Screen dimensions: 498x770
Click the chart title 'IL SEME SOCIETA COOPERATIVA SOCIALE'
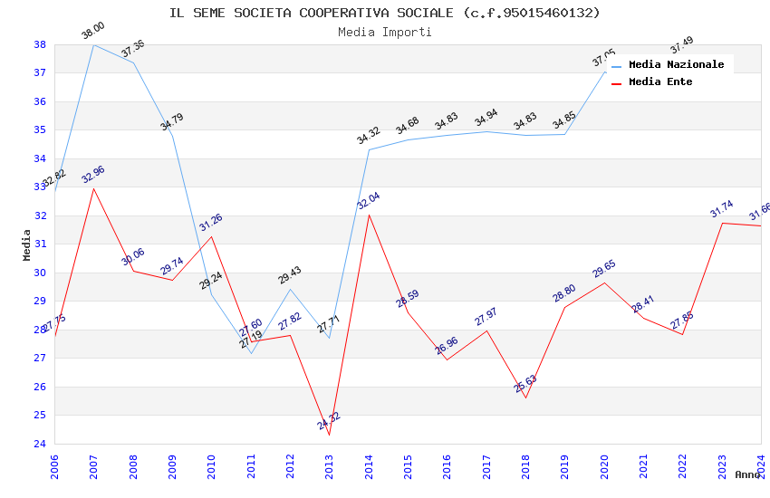click(384, 13)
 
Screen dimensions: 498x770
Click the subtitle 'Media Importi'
click(384, 32)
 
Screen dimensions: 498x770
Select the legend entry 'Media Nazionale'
click(676, 64)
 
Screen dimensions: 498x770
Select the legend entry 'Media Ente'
click(660, 81)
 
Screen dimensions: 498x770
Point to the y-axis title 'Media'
click(27, 244)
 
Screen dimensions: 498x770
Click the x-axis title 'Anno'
click(747, 474)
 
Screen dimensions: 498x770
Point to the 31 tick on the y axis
click(40, 244)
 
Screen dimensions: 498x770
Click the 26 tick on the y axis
click(40, 387)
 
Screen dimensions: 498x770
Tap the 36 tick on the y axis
click(40, 101)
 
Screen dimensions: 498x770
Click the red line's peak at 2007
click(93, 188)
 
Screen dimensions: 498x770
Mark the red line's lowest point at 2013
click(329, 435)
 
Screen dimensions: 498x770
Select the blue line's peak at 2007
click(93, 44)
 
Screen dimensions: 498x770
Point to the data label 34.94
click(486, 118)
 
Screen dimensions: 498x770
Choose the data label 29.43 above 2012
click(290, 275)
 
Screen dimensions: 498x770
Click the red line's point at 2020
click(604, 283)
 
